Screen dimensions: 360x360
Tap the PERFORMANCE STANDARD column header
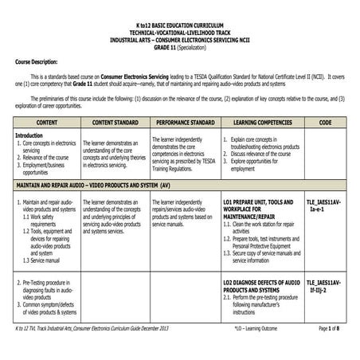pos(186,123)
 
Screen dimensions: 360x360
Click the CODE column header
pos(325,123)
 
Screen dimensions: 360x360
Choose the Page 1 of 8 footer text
pos(334,350)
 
